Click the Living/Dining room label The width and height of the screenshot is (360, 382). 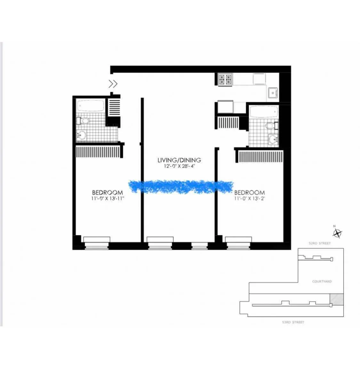click(179, 160)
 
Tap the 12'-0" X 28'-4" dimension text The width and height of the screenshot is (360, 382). click(179, 167)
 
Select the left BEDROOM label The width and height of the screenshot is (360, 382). click(107, 192)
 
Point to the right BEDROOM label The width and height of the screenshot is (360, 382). click(249, 192)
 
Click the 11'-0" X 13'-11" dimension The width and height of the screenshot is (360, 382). click(107, 199)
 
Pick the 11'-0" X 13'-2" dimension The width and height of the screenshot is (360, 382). click(249, 199)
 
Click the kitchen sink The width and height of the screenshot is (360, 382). click(273, 93)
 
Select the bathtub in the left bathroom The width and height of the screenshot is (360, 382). click(91, 106)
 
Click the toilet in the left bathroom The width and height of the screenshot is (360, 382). click(83, 121)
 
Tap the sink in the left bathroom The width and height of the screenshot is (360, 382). click(82, 135)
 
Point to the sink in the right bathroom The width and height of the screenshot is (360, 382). click(273, 139)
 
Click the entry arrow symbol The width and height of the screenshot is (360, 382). click(113, 84)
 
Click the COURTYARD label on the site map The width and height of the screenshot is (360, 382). click(322, 281)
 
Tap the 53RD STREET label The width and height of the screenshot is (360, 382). click(293, 322)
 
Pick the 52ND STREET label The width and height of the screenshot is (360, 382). click(319, 243)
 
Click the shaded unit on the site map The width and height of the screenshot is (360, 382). click(337, 299)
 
